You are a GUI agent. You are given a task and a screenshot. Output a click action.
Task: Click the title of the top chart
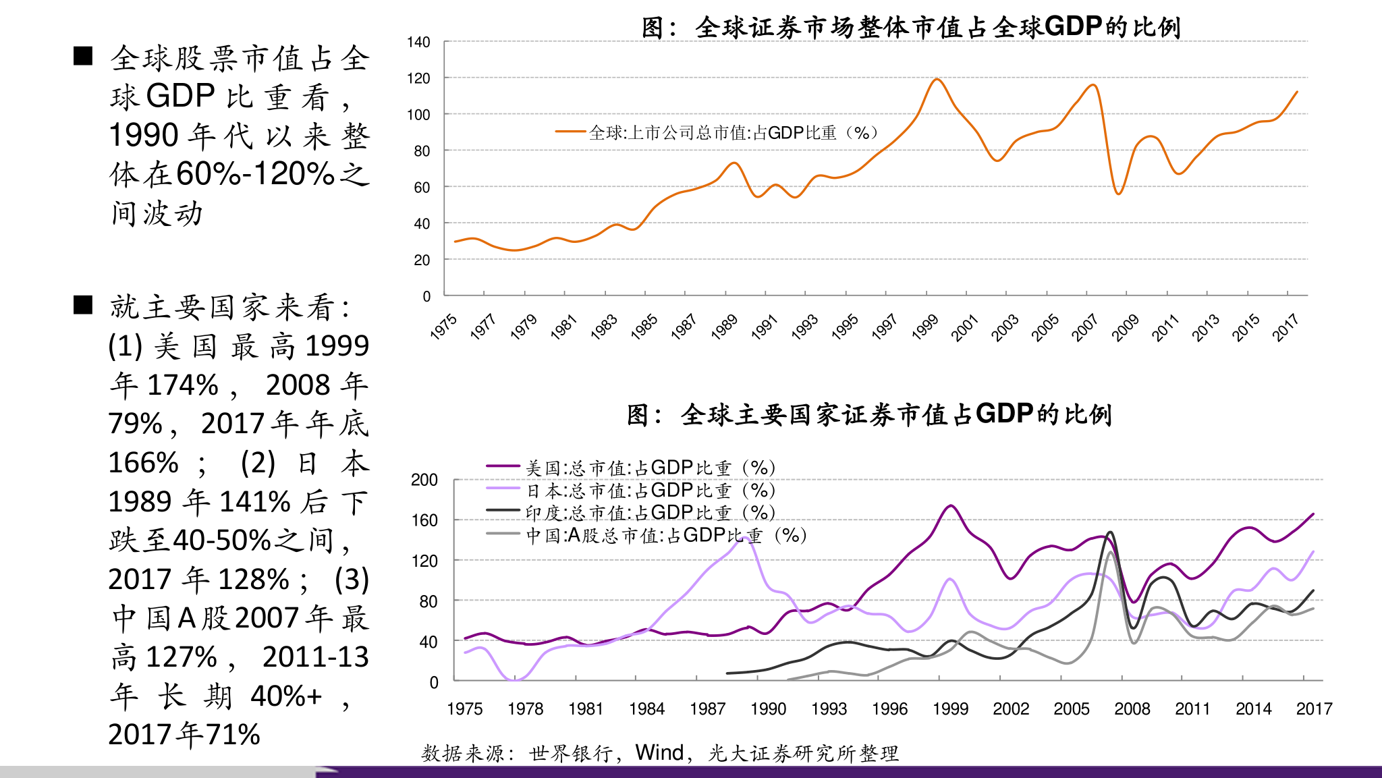tap(910, 27)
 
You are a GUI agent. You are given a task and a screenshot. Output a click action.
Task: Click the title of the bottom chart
tap(869, 414)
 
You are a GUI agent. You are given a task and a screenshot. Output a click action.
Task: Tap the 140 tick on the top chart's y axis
tap(418, 43)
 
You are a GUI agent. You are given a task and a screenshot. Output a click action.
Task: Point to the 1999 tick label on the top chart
tap(925, 327)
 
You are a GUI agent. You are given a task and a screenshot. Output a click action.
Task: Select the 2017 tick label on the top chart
tap(1286, 327)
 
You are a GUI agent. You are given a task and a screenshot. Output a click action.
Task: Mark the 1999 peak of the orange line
tap(937, 80)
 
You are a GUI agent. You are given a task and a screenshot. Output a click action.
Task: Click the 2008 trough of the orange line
tap(1118, 194)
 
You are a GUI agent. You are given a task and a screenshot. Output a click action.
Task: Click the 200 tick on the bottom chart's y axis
tap(424, 480)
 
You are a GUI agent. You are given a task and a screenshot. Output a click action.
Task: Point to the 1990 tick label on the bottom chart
tap(768, 708)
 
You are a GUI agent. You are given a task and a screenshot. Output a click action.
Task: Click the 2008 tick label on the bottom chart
tap(1132, 708)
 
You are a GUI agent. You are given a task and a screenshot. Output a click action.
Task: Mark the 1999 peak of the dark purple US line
tap(951, 505)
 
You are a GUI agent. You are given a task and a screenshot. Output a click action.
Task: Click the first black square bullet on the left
tap(83, 56)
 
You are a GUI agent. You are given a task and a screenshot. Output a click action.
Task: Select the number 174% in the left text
tap(183, 385)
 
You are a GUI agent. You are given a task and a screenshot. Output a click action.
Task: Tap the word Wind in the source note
tap(659, 752)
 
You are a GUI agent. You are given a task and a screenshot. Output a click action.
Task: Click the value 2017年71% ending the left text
tap(184, 734)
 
